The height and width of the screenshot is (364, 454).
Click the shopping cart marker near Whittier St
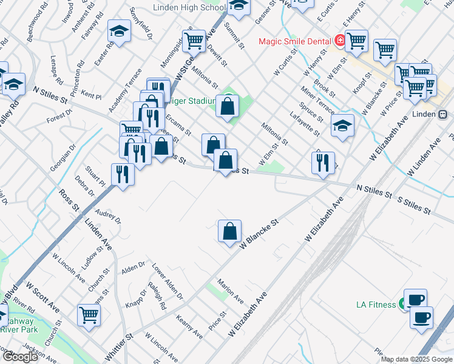point(89,315)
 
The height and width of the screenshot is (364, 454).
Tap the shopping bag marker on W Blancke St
point(230,231)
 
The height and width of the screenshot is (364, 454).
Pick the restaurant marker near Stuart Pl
point(123,175)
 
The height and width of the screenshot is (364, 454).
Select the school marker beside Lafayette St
point(342,126)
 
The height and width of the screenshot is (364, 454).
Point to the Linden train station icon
point(442,113)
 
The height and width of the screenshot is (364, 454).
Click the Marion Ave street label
point(231,291)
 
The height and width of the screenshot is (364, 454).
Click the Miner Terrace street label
point(317,98)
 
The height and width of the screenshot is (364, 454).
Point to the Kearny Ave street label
point(189,326)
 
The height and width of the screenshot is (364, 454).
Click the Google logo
point(20,357)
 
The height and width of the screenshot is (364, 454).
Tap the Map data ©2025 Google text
point(416,360)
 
